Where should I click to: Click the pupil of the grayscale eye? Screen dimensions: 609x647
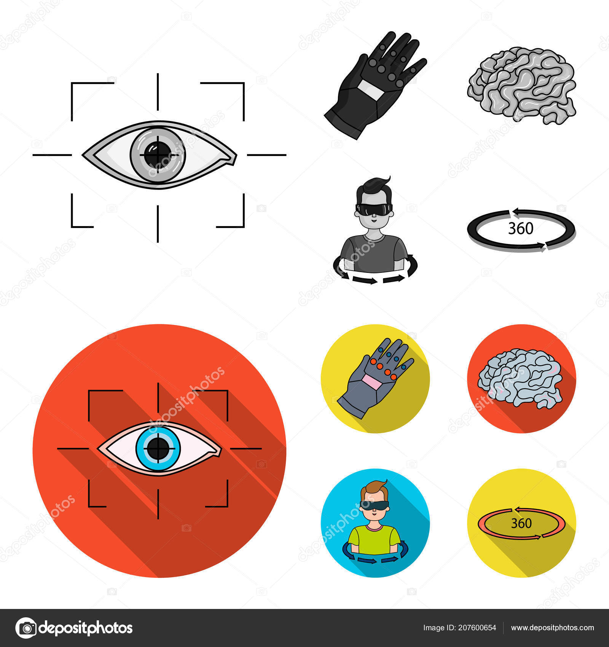(x=158, y=155)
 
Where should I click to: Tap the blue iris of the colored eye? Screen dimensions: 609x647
(x=158, y=448)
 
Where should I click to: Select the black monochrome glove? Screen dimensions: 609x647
(x=375, y=86)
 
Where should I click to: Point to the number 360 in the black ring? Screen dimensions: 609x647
(x=521, y=228)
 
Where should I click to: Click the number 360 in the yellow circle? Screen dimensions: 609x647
(x=521, y=523)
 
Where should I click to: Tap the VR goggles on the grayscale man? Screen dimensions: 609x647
(x=374, y=209)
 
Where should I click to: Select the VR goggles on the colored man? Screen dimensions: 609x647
(x=374, y=505)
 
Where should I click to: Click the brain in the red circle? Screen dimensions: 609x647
(x=520, y=378)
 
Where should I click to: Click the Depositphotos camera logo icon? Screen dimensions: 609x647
(x=26, y=628)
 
